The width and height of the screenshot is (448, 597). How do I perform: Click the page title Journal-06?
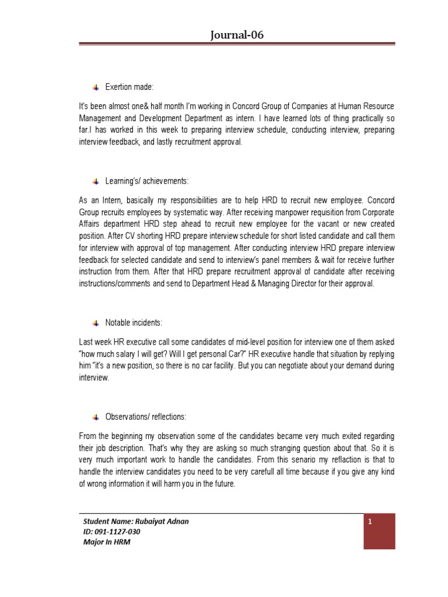tap(237, 35)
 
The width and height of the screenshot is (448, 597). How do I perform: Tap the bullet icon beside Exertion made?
tap(96, 87)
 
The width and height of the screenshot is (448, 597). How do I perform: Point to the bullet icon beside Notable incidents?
tap(96, 322)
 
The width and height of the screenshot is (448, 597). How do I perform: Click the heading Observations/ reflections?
tap(146, 417)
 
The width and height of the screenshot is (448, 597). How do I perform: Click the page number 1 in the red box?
tap(370, 522)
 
